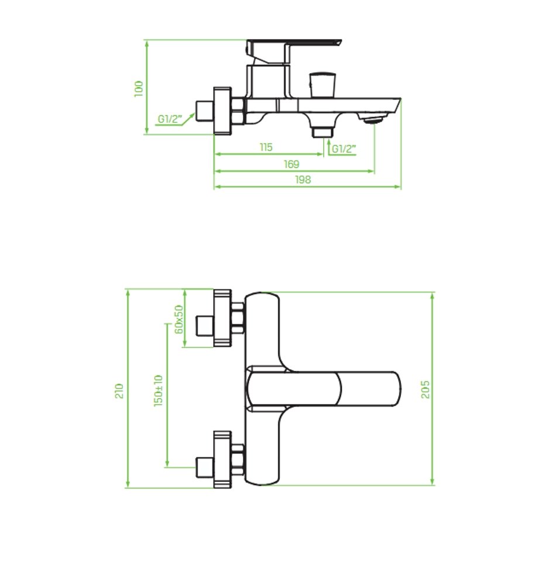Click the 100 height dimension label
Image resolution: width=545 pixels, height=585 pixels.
pyautogui.click(x=139, y=89)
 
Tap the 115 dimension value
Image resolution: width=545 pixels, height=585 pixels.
pyautogui.click(x=266, y=147)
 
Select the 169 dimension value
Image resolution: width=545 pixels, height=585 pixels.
pyautogui.click(x=292, y=164)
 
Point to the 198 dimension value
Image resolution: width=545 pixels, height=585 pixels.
pyautogui.click(x=303, y=180)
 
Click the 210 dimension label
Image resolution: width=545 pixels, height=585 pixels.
pyautogui.click(x=119, y=391)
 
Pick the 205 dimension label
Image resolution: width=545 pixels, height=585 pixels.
pyautogui.click(x=425, y=390)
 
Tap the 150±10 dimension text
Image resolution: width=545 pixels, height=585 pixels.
pyautogui.click(x=158, y=391)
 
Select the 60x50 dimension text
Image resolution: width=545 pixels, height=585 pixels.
pyautogui.click(x=179, y=319)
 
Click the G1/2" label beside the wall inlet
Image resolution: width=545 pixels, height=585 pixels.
pyautogui.click(x=170, y=119)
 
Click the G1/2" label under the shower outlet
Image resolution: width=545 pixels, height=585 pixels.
pyautogui.click(x=344, y=149)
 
